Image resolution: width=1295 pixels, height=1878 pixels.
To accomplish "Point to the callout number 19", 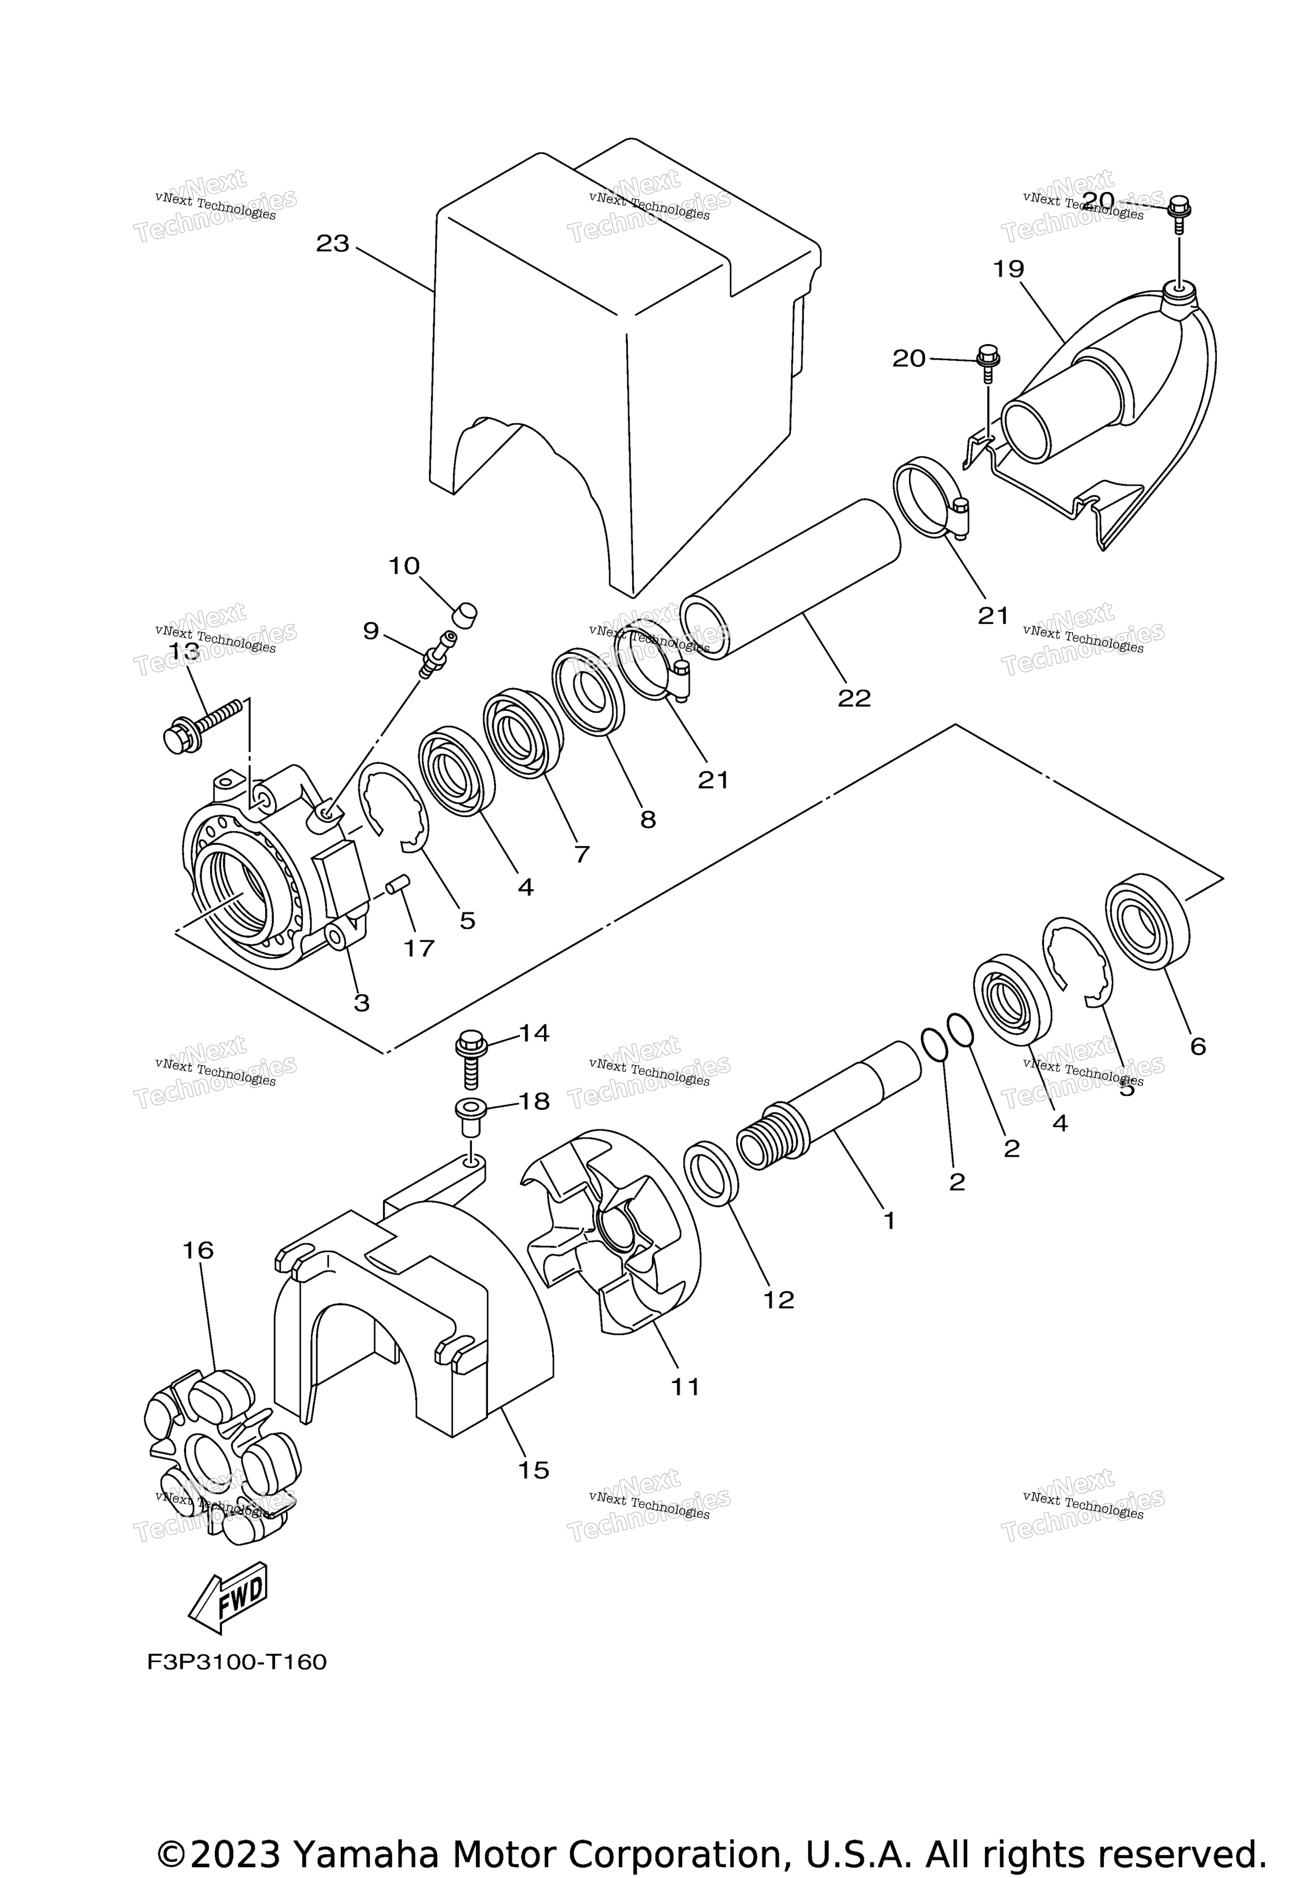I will pos(1009,268).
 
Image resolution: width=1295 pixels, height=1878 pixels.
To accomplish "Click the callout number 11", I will pos(685,1387).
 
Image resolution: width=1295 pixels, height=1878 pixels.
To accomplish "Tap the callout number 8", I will pos(647,819).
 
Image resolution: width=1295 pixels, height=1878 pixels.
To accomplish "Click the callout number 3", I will pos(362,1003).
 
